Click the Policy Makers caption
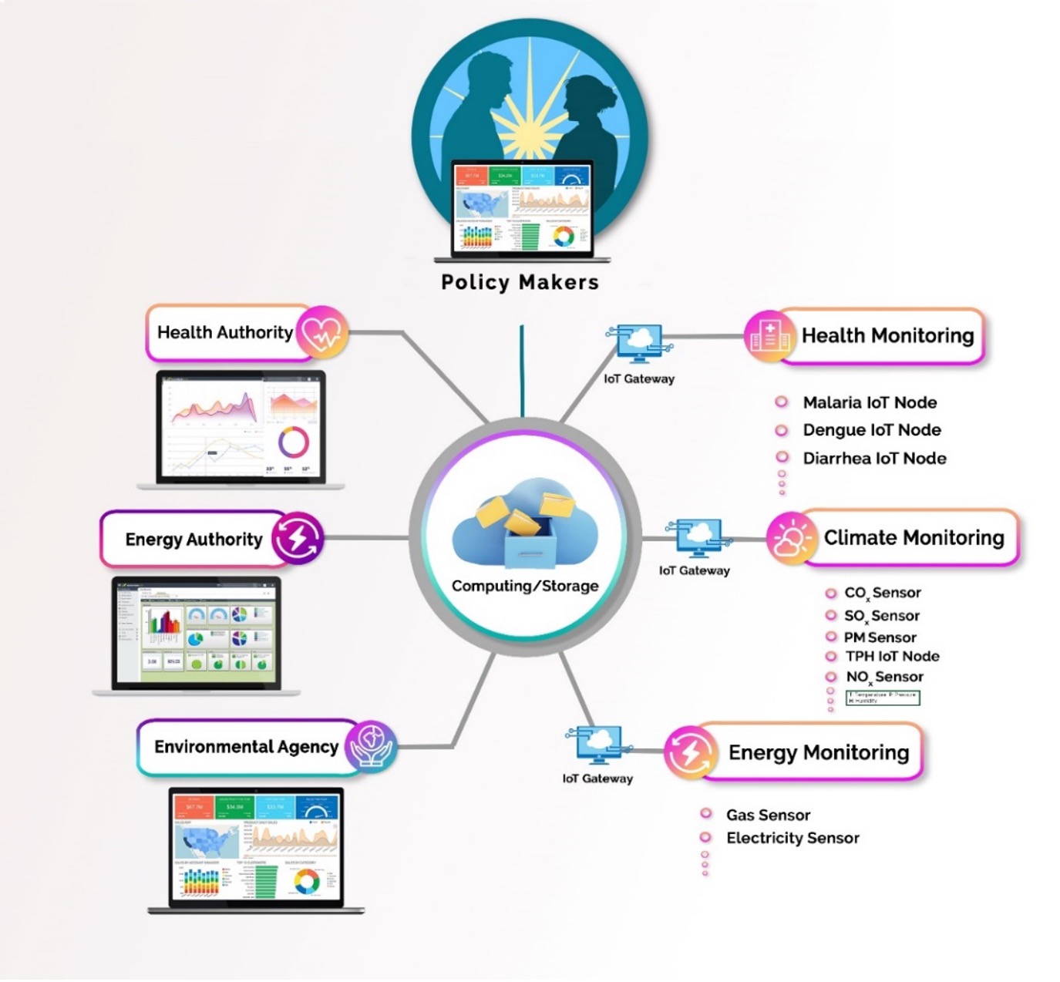click(x=520, y=282)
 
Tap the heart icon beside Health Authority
click(x=321, y=333)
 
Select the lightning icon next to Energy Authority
click(x=297, y=538)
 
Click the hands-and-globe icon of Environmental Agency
click(x=371, y=746)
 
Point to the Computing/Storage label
click(x=525, y=586)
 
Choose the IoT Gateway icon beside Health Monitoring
click(x=639, y=344)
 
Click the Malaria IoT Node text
click(x=870, y=402)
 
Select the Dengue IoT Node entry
click(x=871, y=430)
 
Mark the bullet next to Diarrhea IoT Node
click(x=782, y=458)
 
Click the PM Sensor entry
click(x=880, y=637)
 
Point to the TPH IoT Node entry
click(x=892, y=657)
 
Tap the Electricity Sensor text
click(x=792, y=838)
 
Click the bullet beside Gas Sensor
click(x=705, y=814)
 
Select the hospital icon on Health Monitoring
click(x=769, y=336)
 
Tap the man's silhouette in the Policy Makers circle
click(x=470, y=116)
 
